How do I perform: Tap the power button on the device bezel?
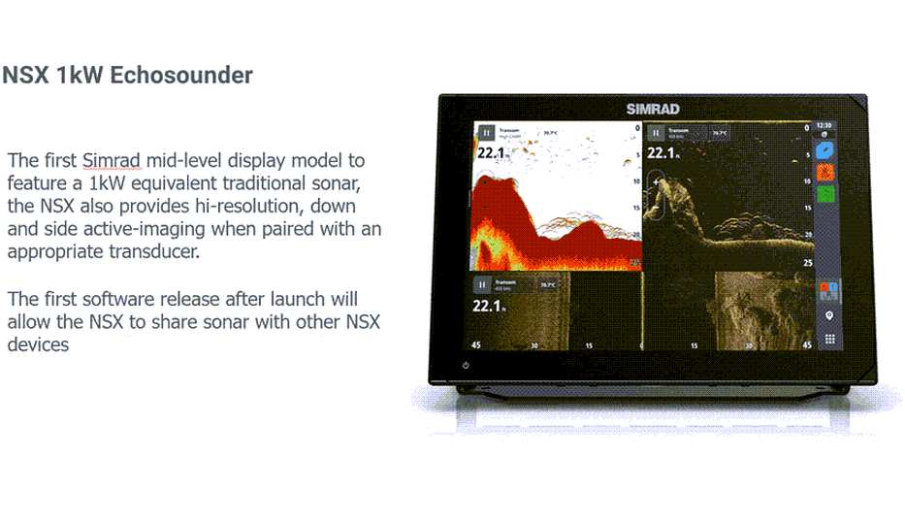[x=467, y=365]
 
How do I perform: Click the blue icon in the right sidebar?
[x=825, y=151]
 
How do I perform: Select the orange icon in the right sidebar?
[x=825, y=173]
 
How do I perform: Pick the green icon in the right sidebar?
[x=825, y=194]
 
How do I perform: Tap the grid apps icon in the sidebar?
[x=829, y=340]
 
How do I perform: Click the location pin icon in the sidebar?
[x=829, y=316]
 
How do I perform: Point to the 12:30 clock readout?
[x=824, y=125]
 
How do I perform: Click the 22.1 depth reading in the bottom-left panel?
[x=486, y=307]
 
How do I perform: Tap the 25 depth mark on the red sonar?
[x=635, y=263]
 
